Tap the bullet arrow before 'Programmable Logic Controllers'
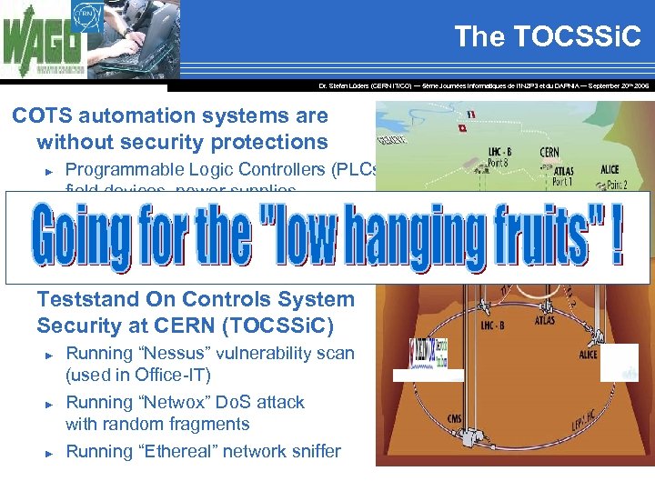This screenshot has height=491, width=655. (x=51, y=171)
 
